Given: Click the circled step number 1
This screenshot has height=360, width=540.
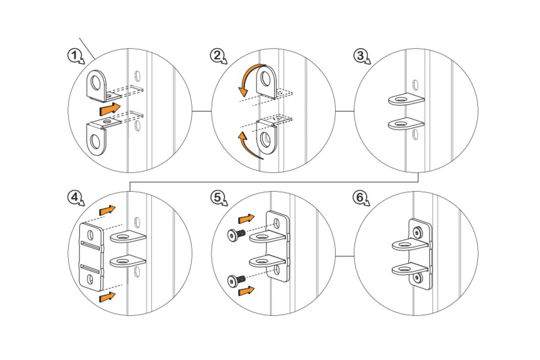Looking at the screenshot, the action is click(74, 56).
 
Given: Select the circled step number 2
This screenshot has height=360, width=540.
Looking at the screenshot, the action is click(217, 56).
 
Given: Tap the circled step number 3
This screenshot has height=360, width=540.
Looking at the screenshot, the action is click(360, 56).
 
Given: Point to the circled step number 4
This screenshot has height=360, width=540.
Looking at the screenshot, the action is click(74, 197).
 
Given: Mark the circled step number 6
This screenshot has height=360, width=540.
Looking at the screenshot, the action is click(360, 197).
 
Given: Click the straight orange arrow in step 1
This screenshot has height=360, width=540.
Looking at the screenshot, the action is click(110, 109).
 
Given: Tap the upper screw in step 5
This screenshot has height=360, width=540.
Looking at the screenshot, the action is click(236, 234).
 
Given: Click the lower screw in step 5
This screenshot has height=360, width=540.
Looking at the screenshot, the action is click(236, 281).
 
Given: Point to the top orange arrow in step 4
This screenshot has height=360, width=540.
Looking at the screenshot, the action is click(107, 210).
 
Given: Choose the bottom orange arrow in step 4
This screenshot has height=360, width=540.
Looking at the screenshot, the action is click(107, 297).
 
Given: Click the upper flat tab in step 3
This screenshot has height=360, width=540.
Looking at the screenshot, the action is click(406, 99).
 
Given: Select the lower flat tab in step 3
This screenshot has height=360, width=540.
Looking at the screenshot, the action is click(406, 123).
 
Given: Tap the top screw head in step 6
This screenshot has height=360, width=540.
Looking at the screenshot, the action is click(417, 233).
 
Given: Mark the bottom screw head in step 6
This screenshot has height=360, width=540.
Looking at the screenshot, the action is click(418, 277).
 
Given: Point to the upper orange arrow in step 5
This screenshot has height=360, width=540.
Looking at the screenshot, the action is click(246, 219).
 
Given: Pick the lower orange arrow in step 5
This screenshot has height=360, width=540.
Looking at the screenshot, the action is click(246, 291).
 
